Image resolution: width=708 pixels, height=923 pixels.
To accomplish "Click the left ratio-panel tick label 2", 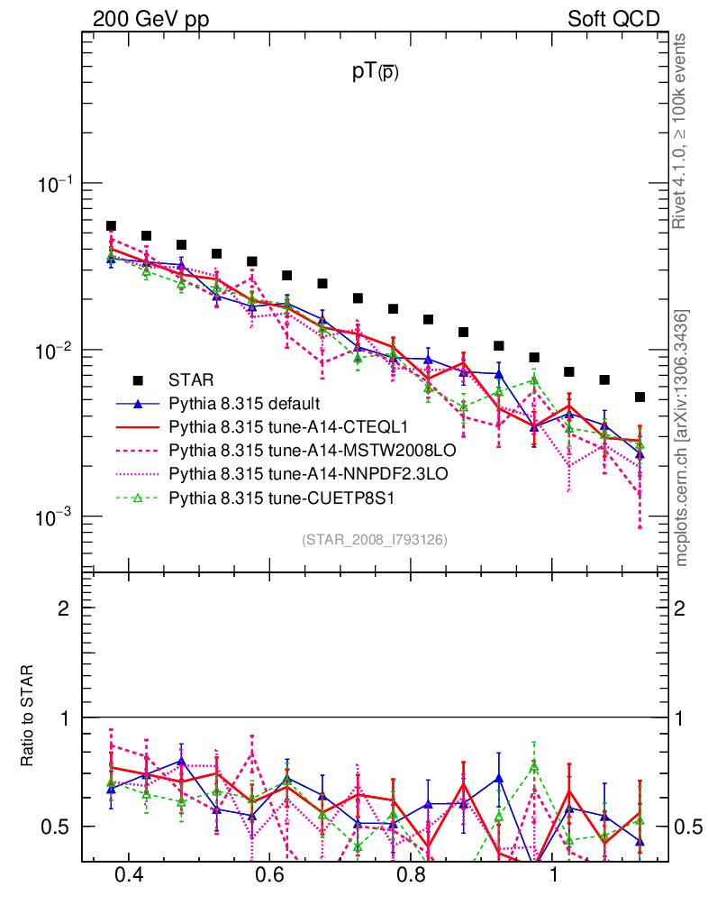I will coord(64,608).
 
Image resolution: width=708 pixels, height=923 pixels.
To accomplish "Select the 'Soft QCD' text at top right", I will coord(613,19).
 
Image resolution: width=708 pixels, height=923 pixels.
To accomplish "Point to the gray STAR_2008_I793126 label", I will coord(375,539).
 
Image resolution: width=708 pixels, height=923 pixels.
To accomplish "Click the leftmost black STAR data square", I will coord(111,226).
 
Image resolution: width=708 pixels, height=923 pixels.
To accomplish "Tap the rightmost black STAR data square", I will coord(640,397).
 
